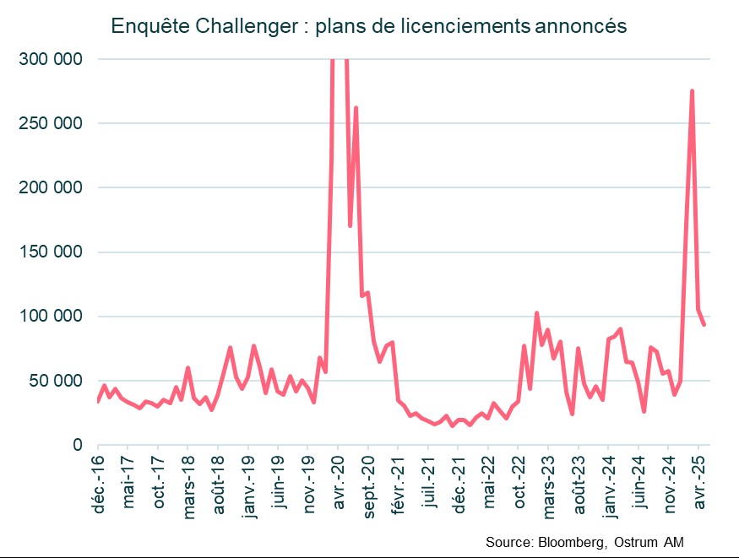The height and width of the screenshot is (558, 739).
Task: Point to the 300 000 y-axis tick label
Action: (x=53, y=59)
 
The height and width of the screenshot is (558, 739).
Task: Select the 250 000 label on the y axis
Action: (x=53, y=123)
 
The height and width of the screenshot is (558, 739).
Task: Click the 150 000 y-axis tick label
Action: (x=53, y=252)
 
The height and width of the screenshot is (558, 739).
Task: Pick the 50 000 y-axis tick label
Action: (x=57, y=381)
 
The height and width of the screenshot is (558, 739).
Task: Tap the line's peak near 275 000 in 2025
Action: (x=693, y=91)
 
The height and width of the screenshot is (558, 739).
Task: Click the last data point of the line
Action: (x=704, y=325)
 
